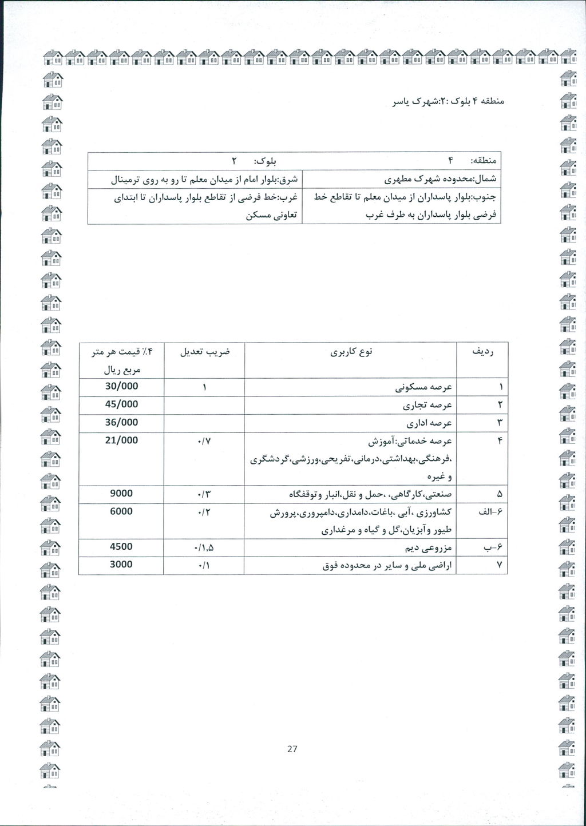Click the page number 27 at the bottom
(292, 749)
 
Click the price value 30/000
(121, 386)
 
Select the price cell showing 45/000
(121, 404)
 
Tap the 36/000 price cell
(121, 422)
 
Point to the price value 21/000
(121, 440)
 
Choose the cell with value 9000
(121, 493)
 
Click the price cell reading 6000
(121, 511)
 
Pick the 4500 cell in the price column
(121, 546)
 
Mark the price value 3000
(121, 564)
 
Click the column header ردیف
(482, 352)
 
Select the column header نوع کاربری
(351, 352)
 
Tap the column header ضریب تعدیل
(204, 352)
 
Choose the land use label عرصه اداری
(429, 423)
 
